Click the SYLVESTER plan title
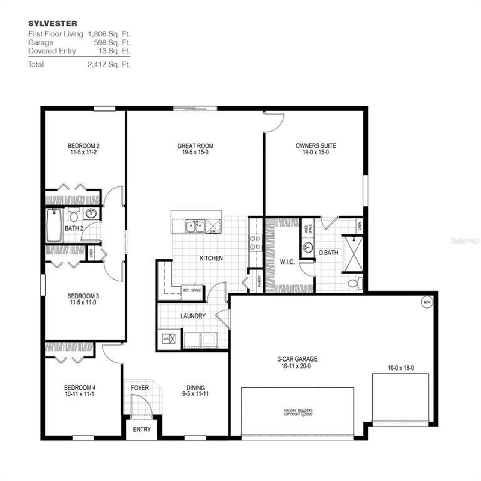coord(53,24)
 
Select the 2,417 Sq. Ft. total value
coord(109,64)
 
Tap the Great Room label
coord(195,146)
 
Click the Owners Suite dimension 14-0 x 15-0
coord(316,153)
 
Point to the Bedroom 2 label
coord(83,146)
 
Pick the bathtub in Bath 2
coord(54,225)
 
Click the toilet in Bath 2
coord(74,215)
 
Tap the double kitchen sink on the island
coord(195,227)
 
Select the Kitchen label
coord(211,258)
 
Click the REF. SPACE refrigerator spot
coord(192,290)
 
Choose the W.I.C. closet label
coord(287,262)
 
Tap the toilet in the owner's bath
coord(354,283)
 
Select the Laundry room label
coord(193,316)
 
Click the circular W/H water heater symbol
coord(426,302)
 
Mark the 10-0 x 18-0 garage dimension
coord(401,368)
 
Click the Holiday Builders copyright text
coord(298,412)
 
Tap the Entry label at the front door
coord(142,429)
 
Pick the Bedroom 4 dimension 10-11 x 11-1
coord(77,394)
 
